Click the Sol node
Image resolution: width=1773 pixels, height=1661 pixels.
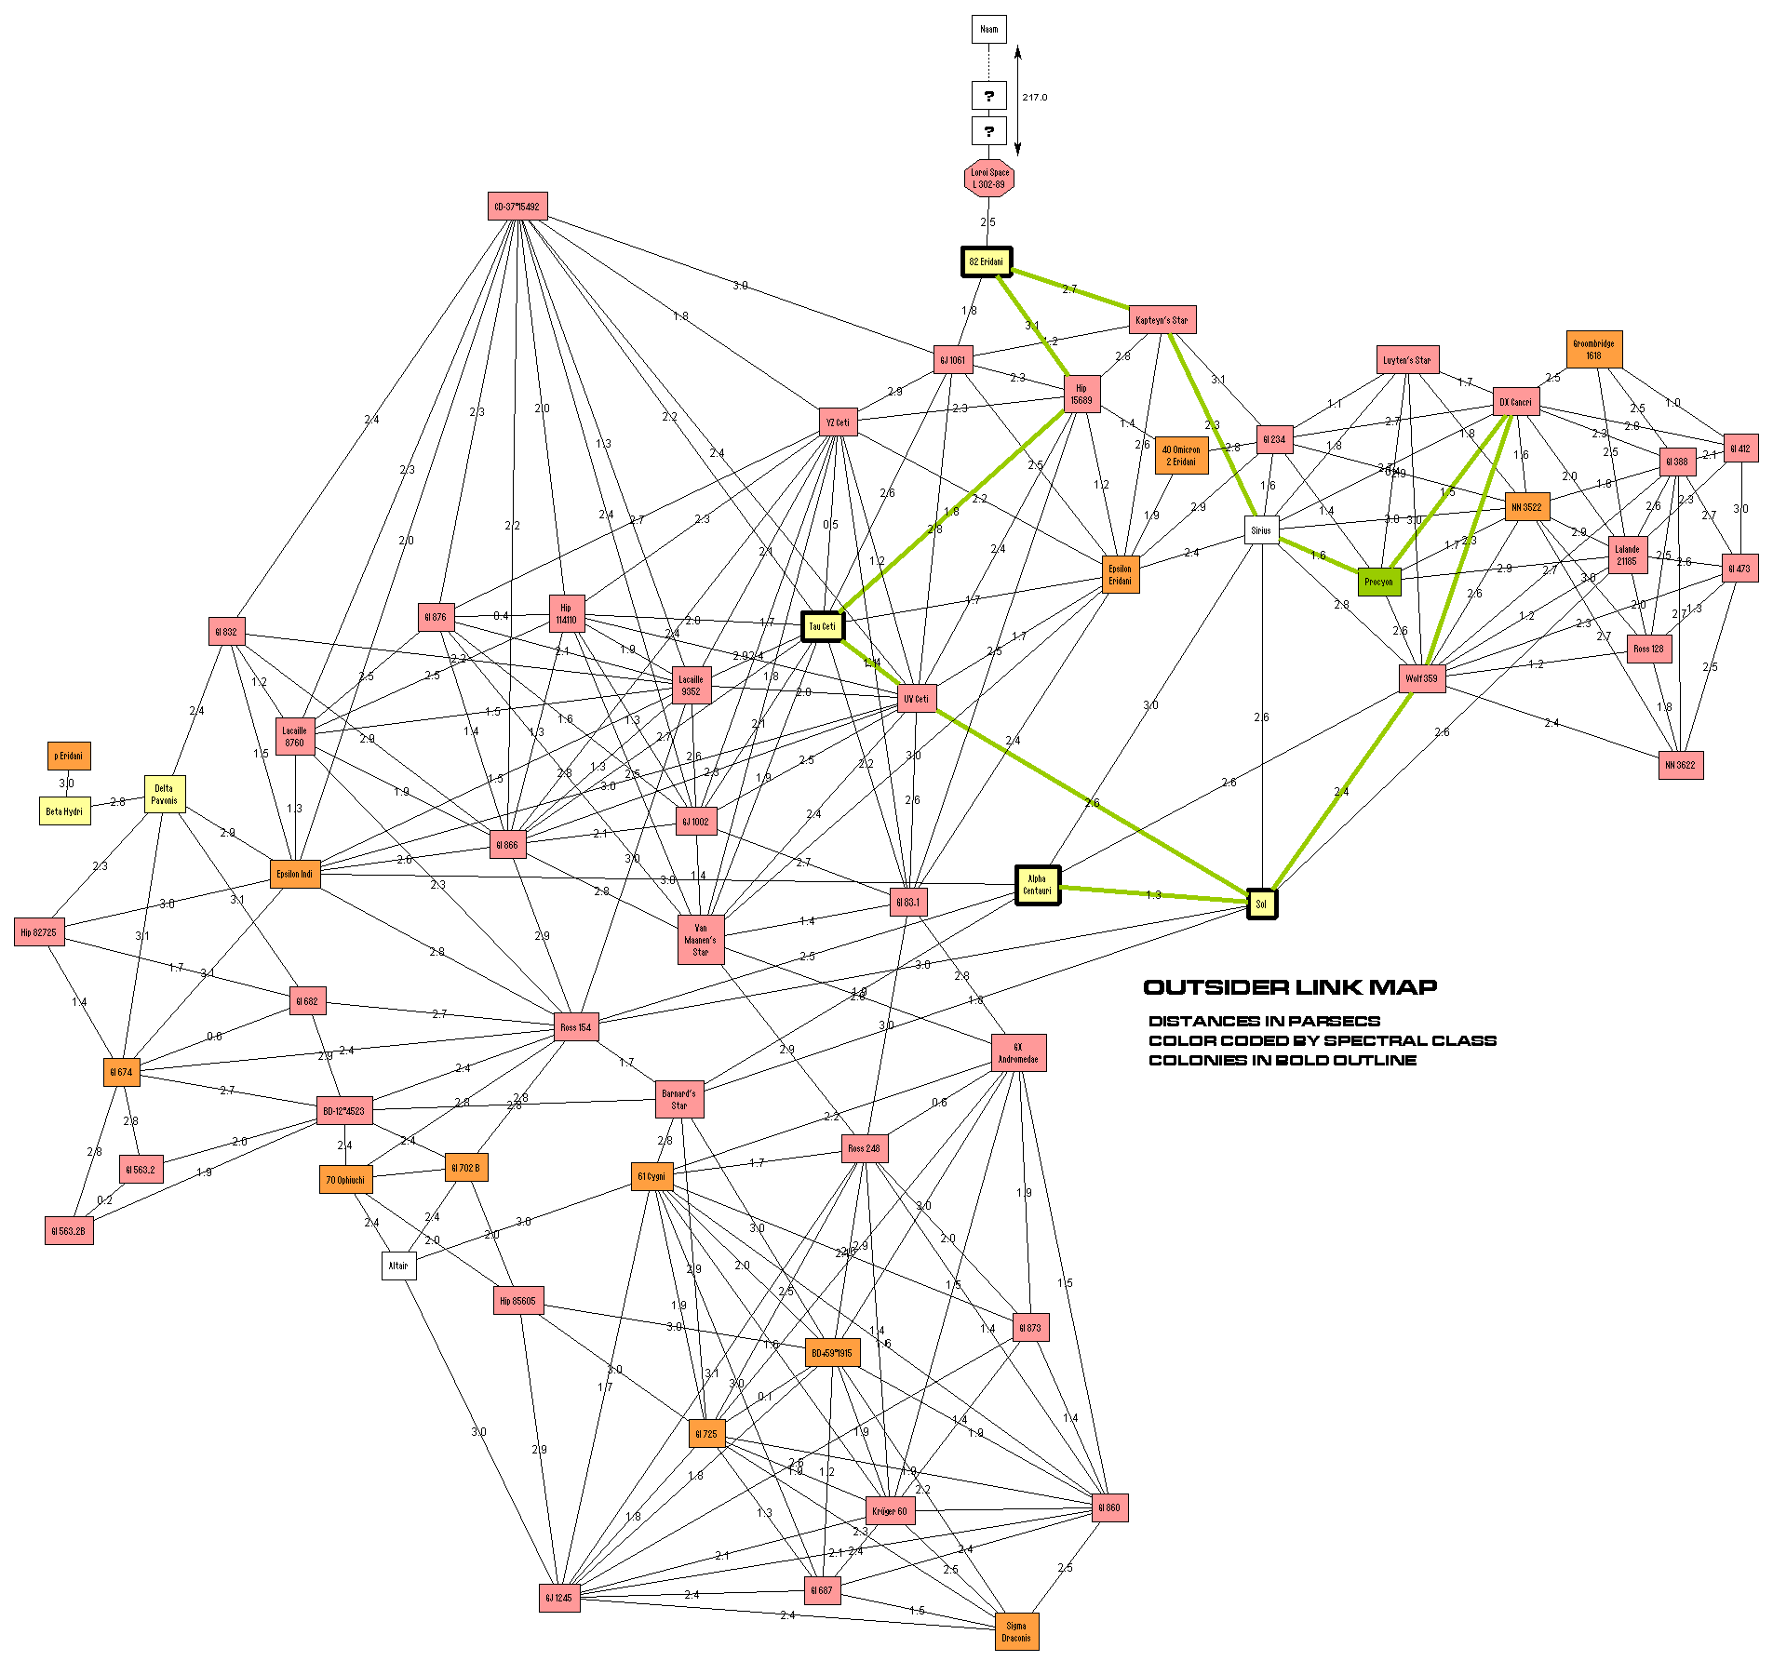pos(1261,904)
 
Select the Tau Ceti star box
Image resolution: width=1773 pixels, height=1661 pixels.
pos(822,626)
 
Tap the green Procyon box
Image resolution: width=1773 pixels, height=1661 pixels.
pos(1378,582)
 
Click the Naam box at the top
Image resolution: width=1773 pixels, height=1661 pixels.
pos(988,29)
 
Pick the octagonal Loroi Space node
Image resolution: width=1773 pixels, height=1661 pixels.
pos(988,178)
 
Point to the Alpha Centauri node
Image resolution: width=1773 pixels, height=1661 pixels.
pos(1037,885)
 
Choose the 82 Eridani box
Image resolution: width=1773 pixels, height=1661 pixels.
pos(987,261)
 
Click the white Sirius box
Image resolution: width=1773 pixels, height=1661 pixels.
pos(1261,530)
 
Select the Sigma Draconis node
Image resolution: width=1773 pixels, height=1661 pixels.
pos(1016,1632)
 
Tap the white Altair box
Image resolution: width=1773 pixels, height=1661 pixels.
pos(398,1266)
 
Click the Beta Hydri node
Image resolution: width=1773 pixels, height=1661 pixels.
pos(64,811)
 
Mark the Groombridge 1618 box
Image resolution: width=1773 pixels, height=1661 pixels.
pos(1593,350)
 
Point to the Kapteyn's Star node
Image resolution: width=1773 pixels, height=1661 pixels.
pos(1162,320)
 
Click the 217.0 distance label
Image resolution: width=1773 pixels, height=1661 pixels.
pos(1034,97)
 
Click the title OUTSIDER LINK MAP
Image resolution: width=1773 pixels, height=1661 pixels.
pos(1290,987)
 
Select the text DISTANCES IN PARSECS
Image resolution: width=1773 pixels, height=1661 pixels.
pos(1264,1021)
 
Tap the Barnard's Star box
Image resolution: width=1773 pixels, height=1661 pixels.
pos(679,1099)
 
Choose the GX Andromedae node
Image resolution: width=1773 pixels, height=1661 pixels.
pos(1018,1052)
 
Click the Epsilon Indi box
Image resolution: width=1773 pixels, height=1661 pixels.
pos(295,874)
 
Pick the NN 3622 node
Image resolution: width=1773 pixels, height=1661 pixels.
pos(1680,765)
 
